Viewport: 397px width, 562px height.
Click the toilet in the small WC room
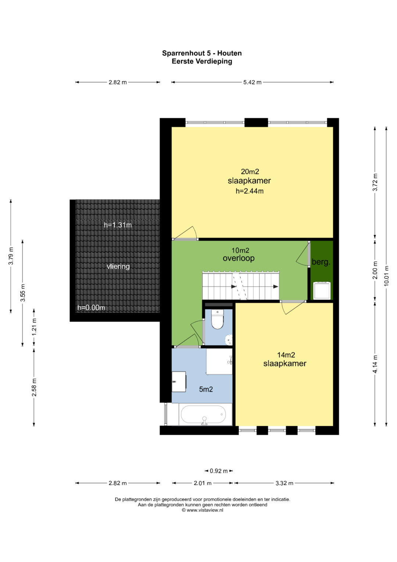(x=217, y=319)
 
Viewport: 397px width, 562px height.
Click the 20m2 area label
(x=250, y=172)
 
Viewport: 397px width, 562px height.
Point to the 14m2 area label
(x=286, y=355)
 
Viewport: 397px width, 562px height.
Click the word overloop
(x=239, y=258)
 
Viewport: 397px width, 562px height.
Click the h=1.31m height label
(x=118, y=225)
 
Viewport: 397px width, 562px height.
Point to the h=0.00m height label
(x=91, y=308)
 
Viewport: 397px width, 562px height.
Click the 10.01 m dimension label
(x=386, y=276)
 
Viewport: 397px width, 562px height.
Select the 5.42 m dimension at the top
(x=253, y=82)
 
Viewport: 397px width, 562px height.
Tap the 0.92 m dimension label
(x=219, y=471)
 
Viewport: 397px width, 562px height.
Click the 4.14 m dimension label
(x=375, y=364)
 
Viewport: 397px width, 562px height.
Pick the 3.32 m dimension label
(x=285, y=483)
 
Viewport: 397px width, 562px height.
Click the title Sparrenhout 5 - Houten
(x=202, y=53)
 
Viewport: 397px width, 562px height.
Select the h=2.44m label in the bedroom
(x=250, y=191)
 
